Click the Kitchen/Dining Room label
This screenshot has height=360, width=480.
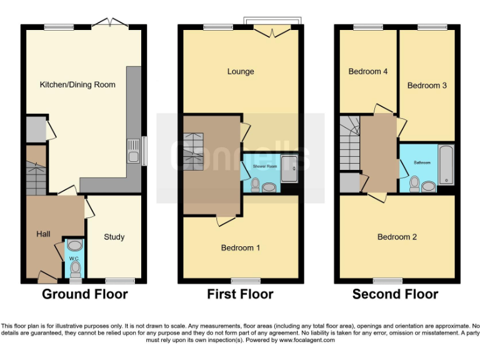(77, 84)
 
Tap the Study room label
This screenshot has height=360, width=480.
(114, 237)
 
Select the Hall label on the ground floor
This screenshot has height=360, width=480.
(43, 234)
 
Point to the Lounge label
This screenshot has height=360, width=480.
(241, 71)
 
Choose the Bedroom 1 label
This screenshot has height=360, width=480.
(241, 248)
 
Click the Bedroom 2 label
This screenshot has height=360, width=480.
(397, 237)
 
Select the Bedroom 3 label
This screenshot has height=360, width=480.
(427, 86)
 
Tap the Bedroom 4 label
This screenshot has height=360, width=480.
(368, 71)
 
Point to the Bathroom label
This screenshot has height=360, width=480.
(422, 162)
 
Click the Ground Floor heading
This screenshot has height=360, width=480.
(85, 294)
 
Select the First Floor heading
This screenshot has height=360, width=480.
(241, 294)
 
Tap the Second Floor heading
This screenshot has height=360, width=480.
(395, 294)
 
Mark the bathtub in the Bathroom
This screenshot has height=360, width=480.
(446, 164)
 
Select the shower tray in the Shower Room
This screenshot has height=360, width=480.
(289, 165)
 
